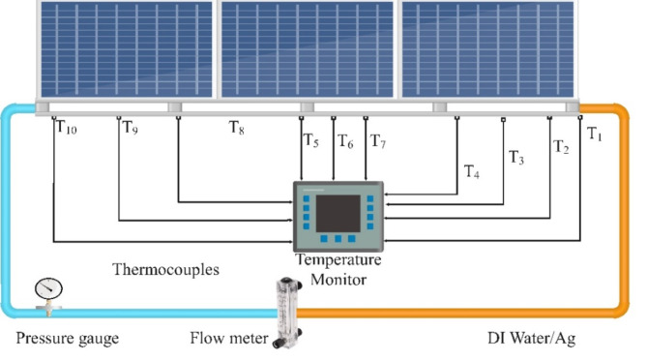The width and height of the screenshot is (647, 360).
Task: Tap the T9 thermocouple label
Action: point(131,127)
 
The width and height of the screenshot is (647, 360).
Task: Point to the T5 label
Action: point(310,141)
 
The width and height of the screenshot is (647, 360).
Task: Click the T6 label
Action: point(345,141)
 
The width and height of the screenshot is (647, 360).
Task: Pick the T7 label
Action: point(378,141)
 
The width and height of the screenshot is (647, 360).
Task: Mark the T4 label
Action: point(471,172)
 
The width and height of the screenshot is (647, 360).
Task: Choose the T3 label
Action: point(517,158)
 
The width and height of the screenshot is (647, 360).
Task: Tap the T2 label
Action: point(561,146)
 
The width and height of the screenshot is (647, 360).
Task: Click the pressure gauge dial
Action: point(45,288)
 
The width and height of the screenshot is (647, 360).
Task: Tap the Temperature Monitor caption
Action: point(338,270)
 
